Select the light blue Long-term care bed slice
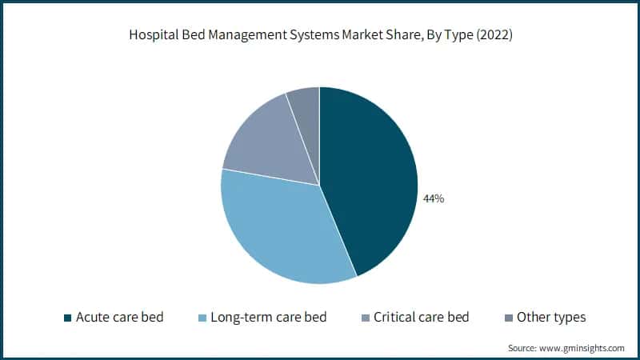pyautogui.click(x=280, y=232)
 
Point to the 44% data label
pyautogui.click(x=434, y=198)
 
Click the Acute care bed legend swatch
pyautogui.click(x=67, y=318)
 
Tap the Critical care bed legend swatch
pyautogui.click(x=365, y=318)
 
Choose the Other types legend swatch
pyautogui.click(x=508, y=318)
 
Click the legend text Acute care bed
pyautogui.click(x=119, y=318)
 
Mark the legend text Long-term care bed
pyautogui.click(x=267, y=318)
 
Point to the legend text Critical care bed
pyautogui.click(x=421, y=318)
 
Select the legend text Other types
pyautogui.click(x=551, y=318)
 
